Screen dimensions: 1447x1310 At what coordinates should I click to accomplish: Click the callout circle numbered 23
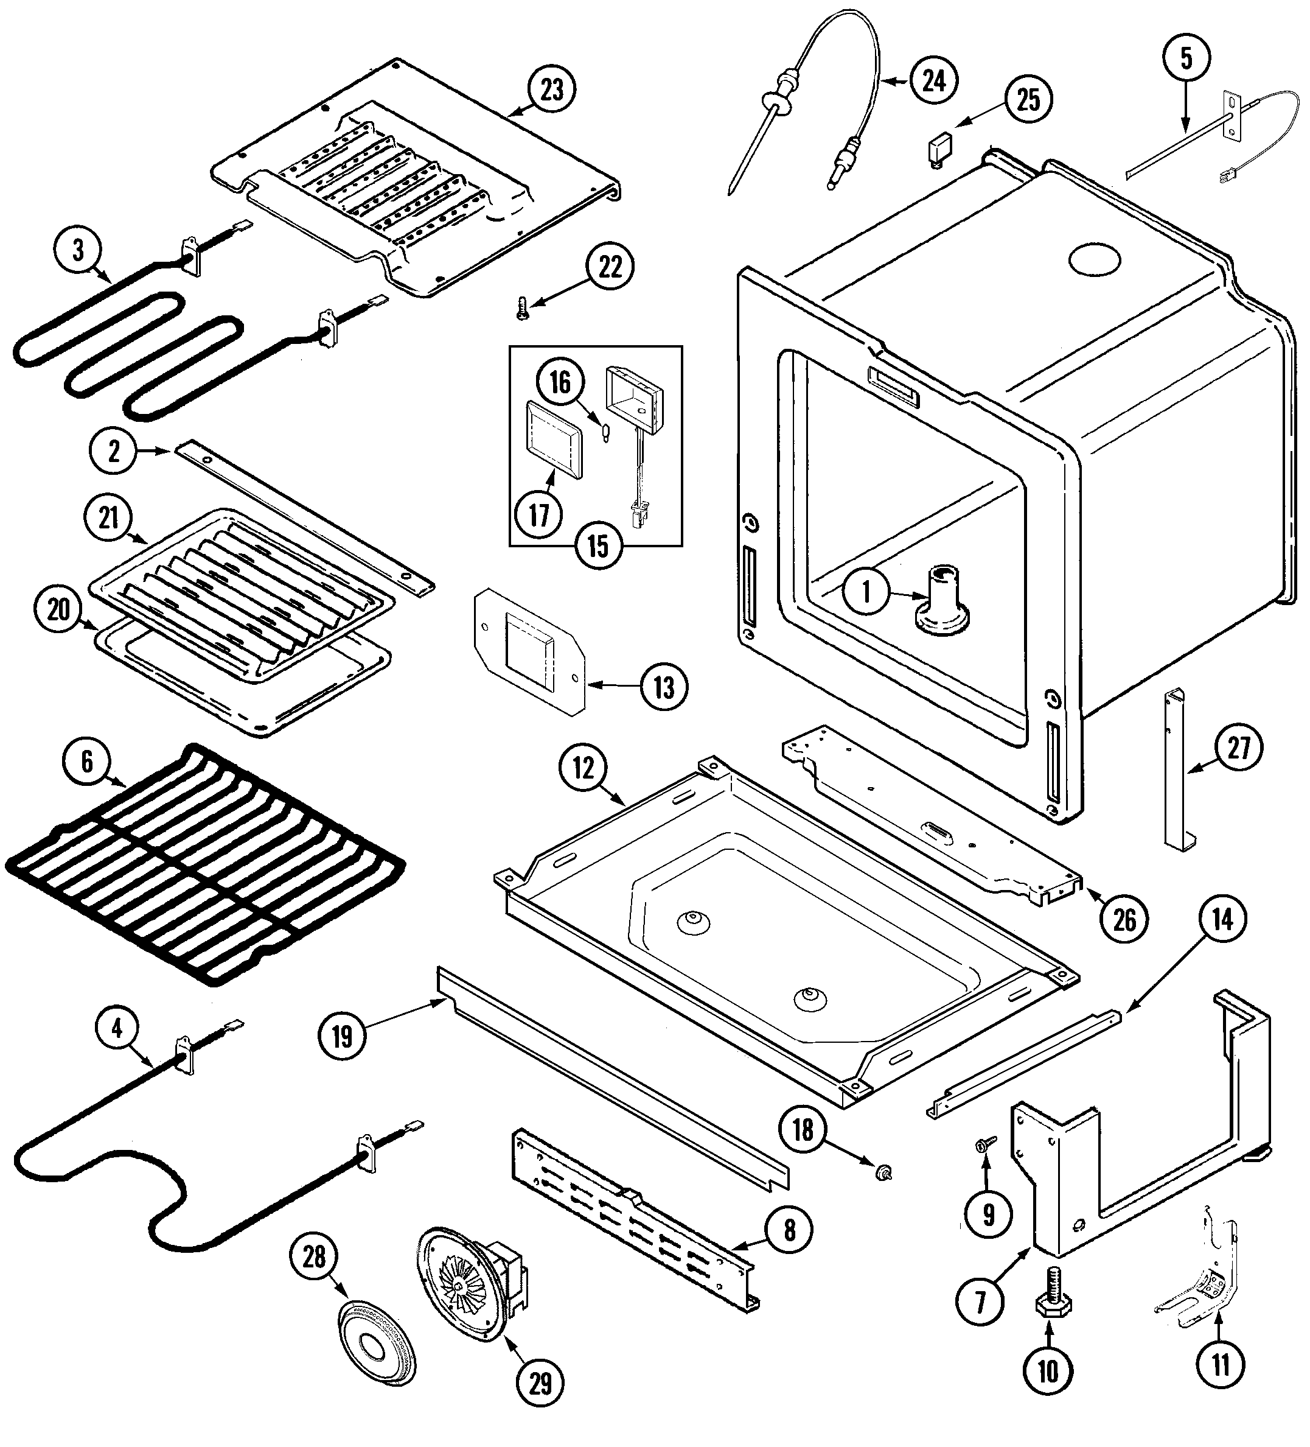pyautogui.click(x=551, y=91)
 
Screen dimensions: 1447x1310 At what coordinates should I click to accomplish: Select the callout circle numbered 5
pyautogui.click(x=1186, y=59)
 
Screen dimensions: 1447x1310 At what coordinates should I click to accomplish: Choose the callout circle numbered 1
pyautogui.click(x=866, y=592)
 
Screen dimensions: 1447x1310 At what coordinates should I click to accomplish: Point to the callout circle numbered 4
pyautogui.click(x=117, y=1029)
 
